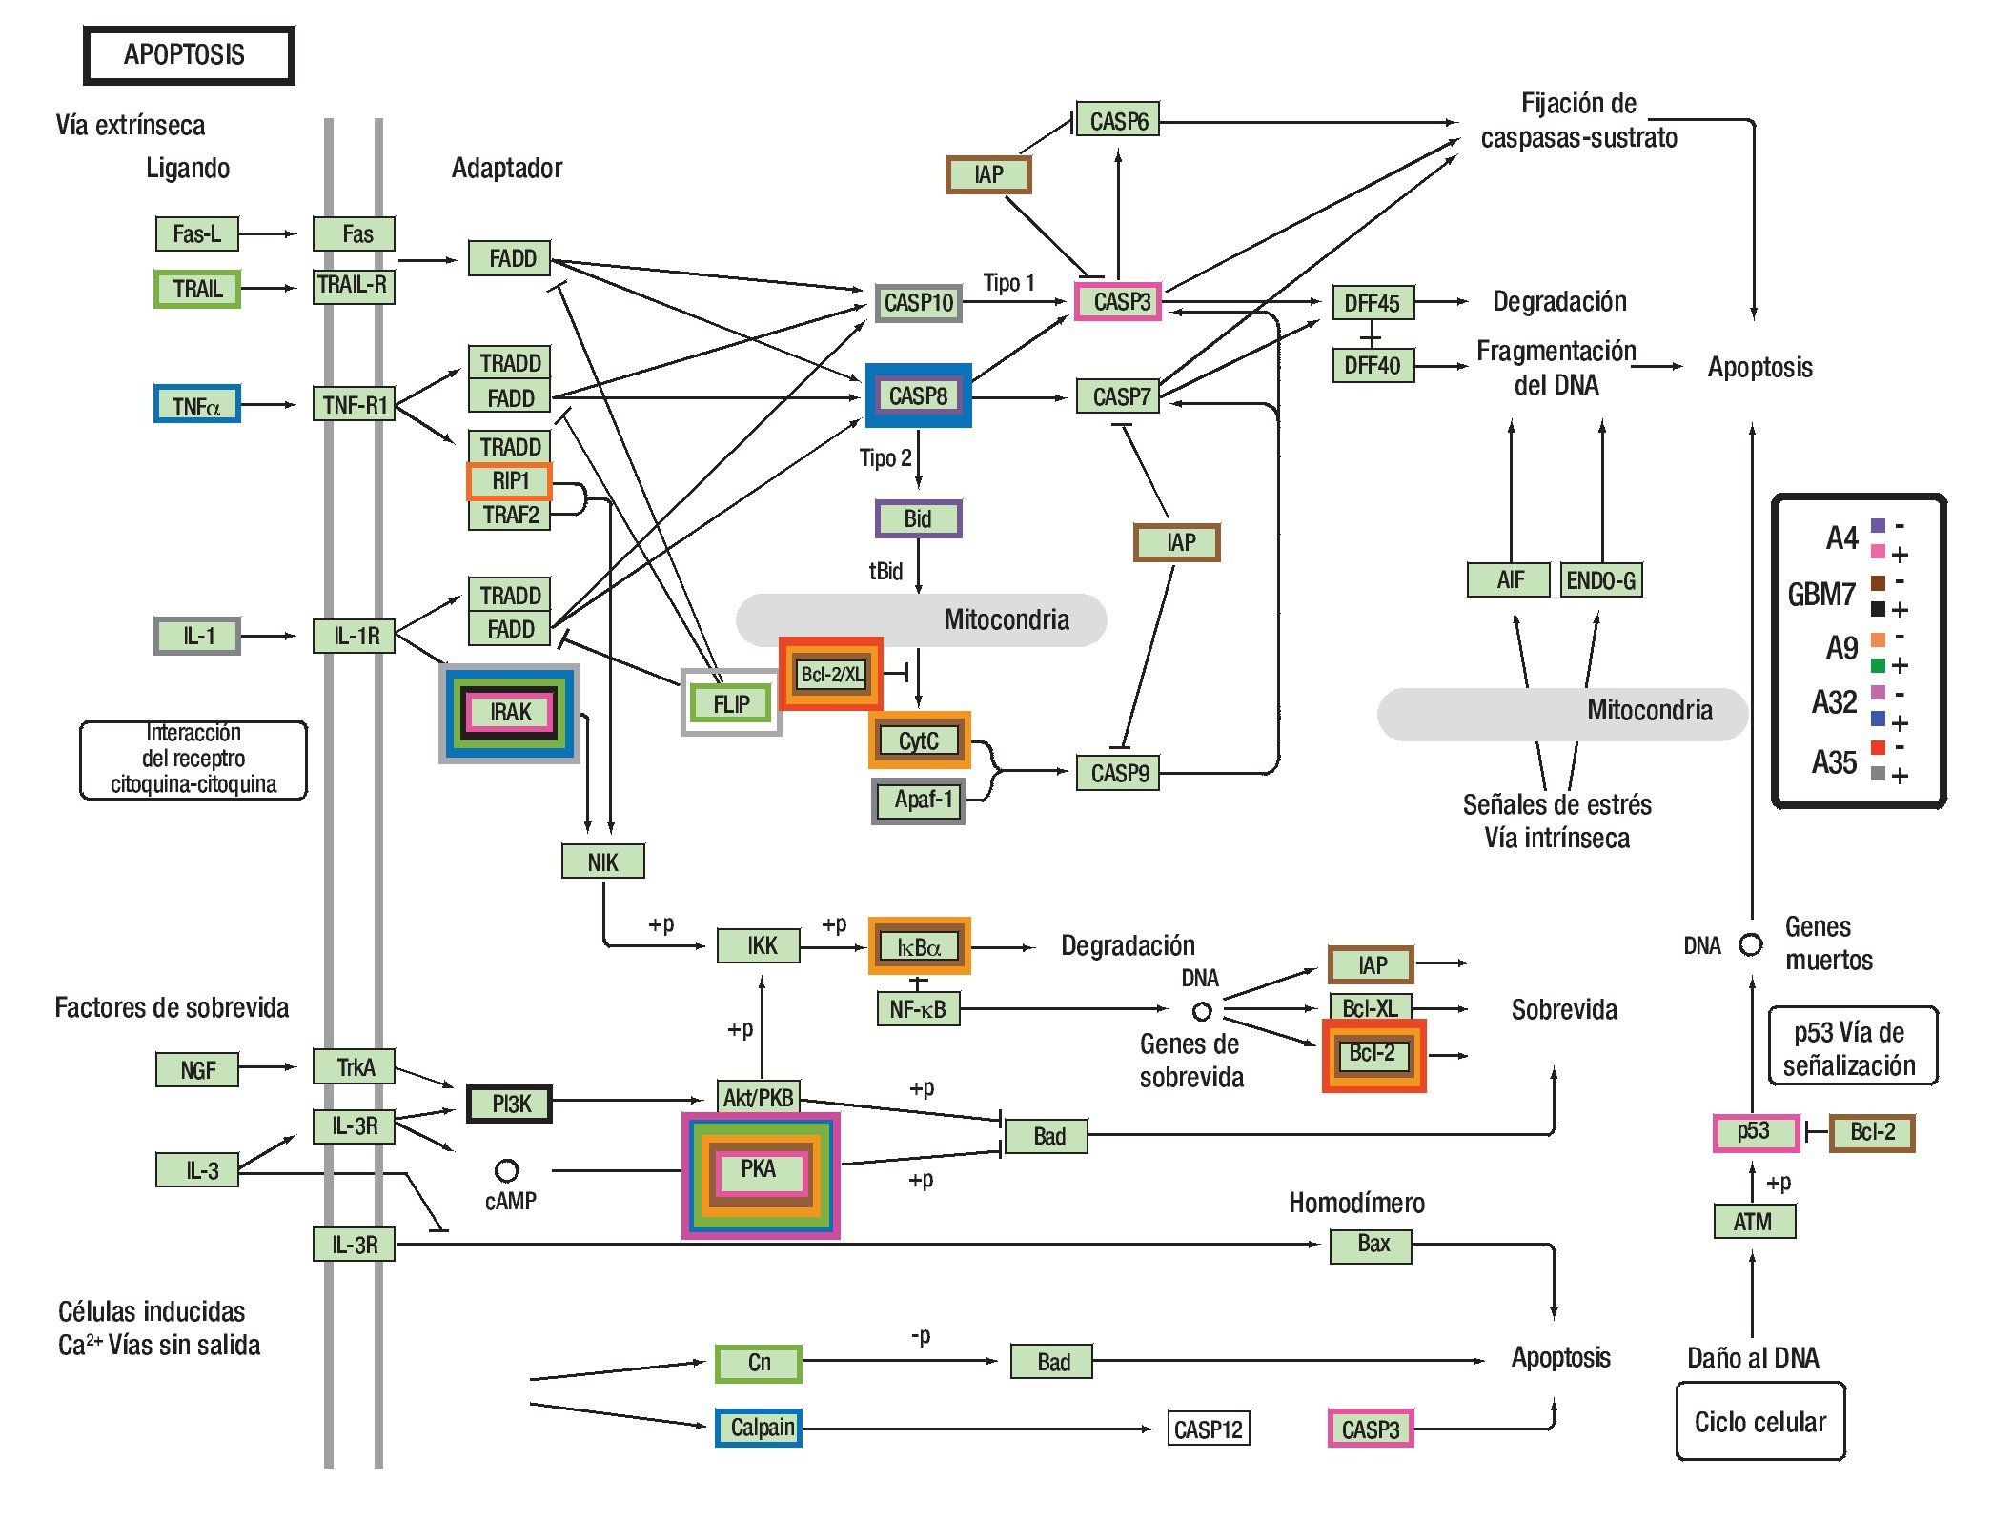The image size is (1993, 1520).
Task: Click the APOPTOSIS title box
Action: [x=188, y=55]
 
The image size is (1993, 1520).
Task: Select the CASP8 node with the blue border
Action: [x=918, y=395]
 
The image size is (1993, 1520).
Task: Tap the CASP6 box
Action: [x=1118, y=121]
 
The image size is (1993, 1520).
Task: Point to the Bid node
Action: [x=918, y=518]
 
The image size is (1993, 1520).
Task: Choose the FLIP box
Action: [x=731, y=703]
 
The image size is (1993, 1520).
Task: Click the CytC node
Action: [x=919, y=740]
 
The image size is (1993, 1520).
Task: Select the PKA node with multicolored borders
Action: [x=759, y=1170]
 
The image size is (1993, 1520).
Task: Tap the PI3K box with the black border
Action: [x=510, y=1104]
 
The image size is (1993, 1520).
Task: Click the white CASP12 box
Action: [x=1208, y=1429]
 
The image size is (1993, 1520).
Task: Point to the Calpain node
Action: [x=760, y=1428]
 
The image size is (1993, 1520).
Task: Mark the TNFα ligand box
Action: [x=196, y=405]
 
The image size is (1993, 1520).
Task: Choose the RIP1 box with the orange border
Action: [x=510, y=481]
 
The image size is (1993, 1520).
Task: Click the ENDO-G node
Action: [x=1601, y=579]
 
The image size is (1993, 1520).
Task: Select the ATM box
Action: [x=1753, y=1221]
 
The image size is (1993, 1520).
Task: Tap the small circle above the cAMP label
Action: [x=507, y=1169]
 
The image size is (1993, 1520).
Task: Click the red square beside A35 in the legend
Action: [x=1878, y=747]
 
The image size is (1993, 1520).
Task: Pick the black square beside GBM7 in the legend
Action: [x=1878, y=609]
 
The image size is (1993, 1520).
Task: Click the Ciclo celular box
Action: [x=1760, y=1422]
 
